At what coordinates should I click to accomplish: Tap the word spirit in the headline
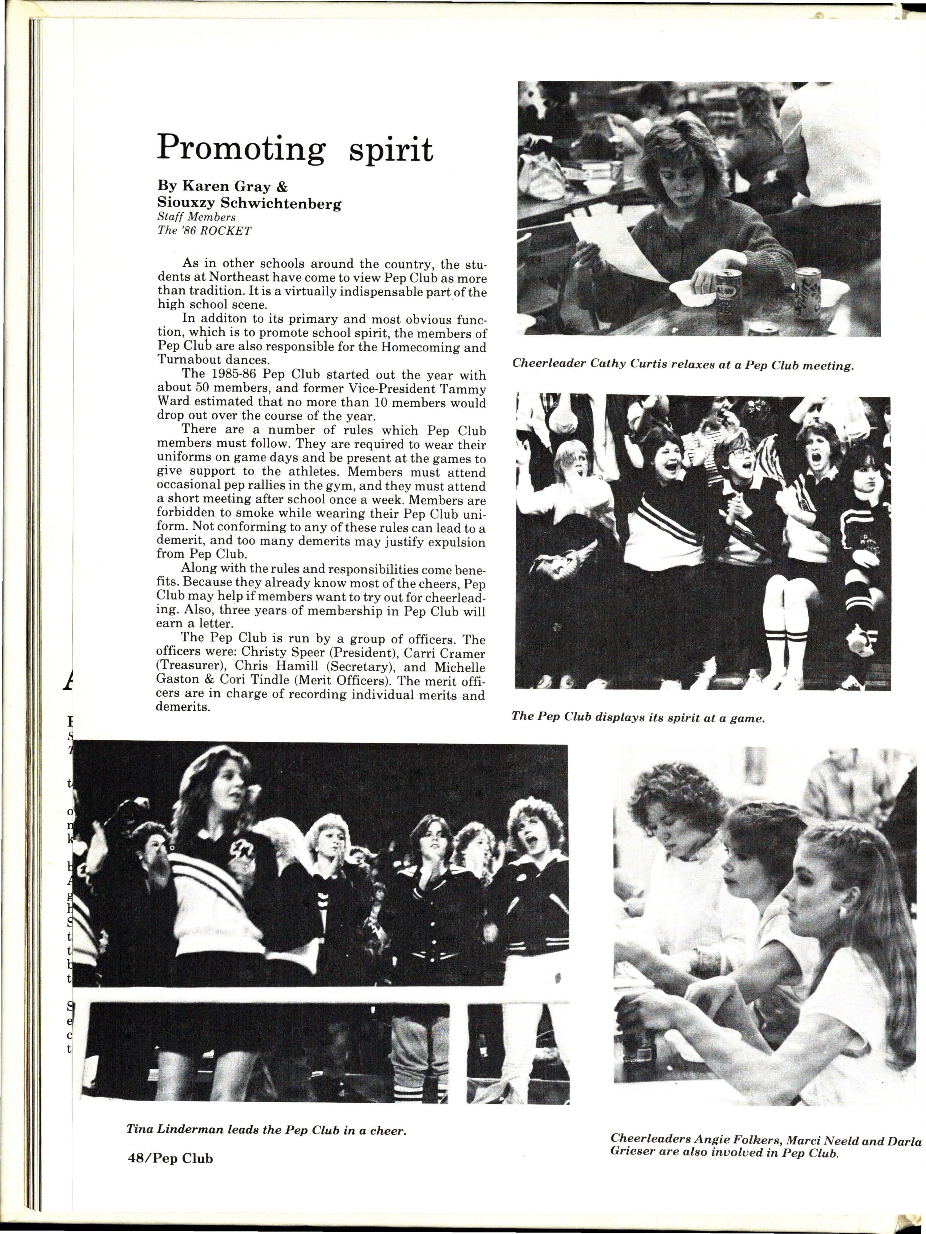(390, 149)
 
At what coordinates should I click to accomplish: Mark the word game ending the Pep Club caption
(746, 718)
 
